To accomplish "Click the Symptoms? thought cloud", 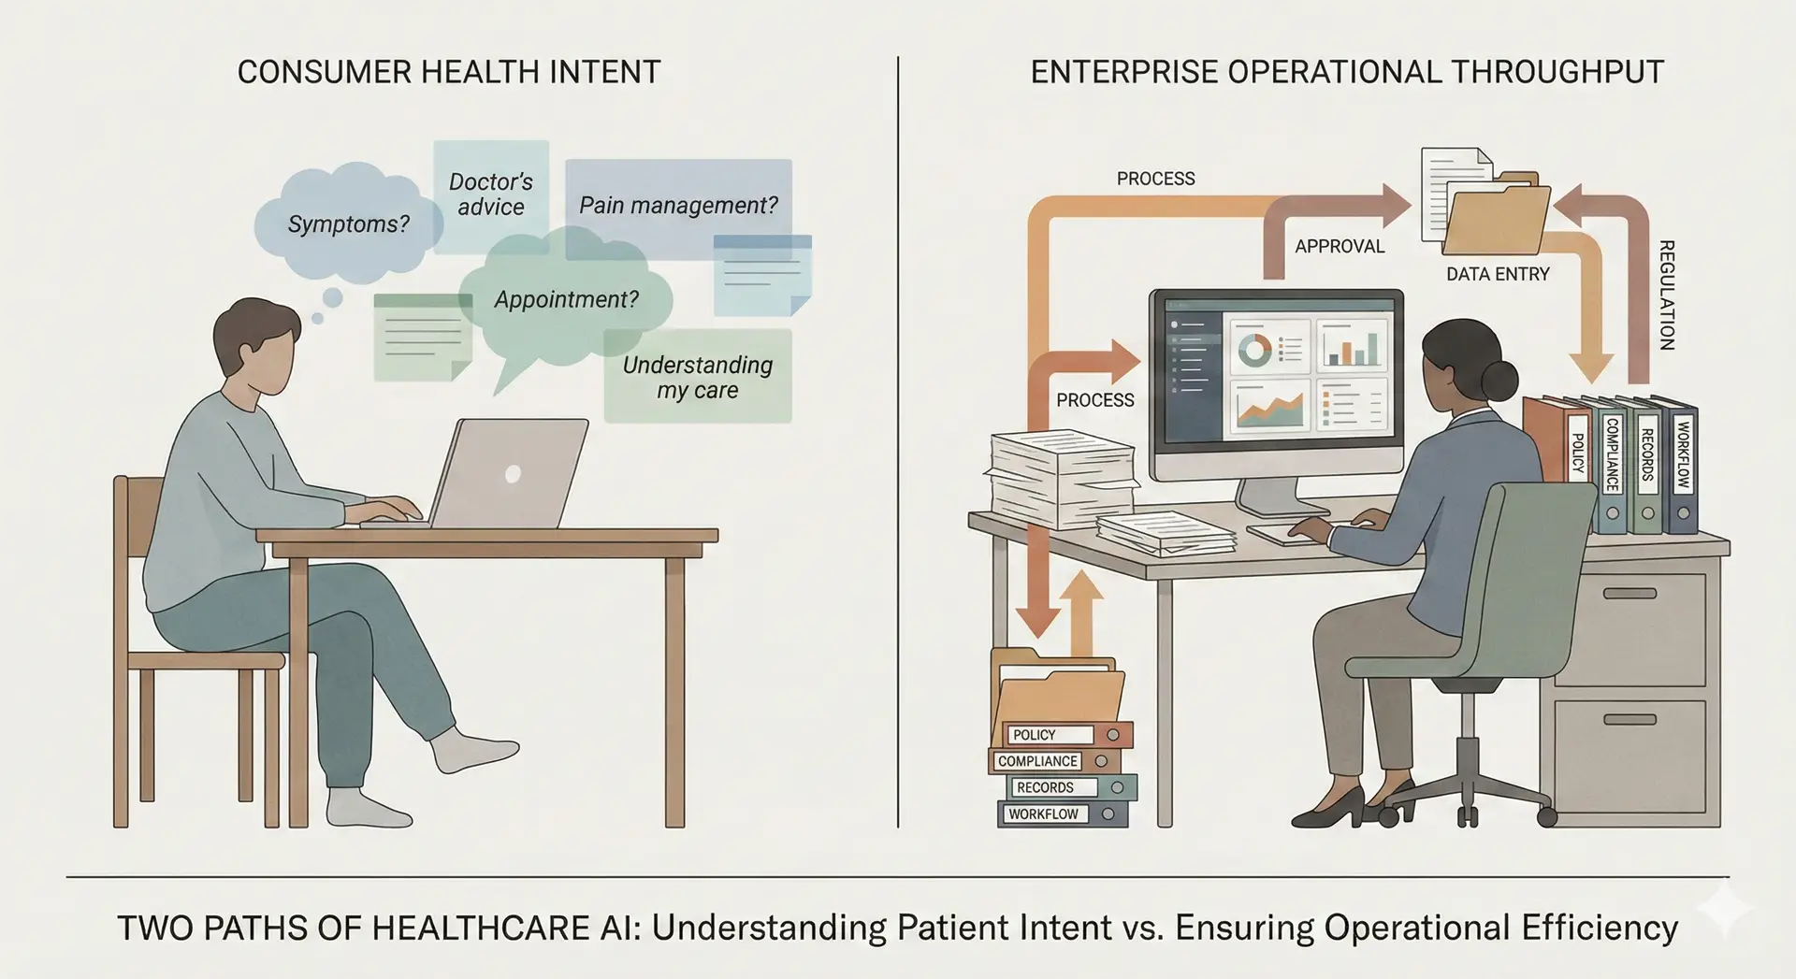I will coord(348,223).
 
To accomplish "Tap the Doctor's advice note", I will coord(491,194).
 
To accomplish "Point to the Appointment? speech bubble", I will coord(566,299).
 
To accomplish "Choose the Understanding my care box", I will coord(698,377).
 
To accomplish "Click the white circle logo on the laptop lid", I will coord(512,473).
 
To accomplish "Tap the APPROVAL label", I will coord(1339,246).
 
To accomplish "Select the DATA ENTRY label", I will coord(1498,274).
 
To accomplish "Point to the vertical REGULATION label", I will coord(1666,295).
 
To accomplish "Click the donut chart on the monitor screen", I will coord(1254,350).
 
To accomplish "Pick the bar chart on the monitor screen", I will coord(1352,347).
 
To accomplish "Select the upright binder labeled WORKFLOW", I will coord(1683,468).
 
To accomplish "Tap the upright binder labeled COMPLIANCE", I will coord(1612,468).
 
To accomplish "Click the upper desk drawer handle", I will coord(1629,593).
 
